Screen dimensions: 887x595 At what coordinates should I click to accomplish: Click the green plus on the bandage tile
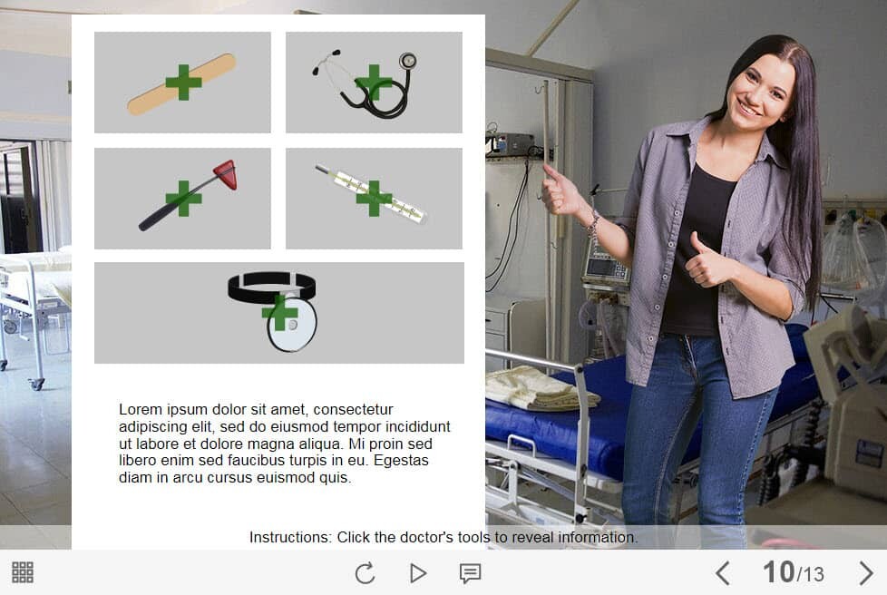tap(183, 83)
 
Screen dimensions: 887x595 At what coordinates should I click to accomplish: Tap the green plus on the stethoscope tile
tap(374, 83)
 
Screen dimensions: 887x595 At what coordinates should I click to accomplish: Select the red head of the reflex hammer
tap(226, 173)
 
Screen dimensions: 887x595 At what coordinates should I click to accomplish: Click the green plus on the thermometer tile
tap(374, 198)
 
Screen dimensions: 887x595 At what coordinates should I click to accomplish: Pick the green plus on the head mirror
tap(279, 312)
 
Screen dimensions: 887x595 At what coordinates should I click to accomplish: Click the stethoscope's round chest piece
tap(407, 61)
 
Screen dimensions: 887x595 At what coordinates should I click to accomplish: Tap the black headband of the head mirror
tap(271, 286)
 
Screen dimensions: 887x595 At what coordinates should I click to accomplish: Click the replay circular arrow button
tap(365, 573)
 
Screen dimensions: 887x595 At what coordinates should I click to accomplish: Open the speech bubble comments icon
tap(470, 573)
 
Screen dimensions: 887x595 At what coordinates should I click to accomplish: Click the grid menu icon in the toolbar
tap(23, 572)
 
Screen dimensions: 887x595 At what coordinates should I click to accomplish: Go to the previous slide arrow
tap(722, 573)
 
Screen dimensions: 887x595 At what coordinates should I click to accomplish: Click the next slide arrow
tap(865, 573)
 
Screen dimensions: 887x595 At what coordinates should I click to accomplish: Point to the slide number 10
tap(778, 571)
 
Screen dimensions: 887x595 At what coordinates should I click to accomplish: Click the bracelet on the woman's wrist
tap(592, 224)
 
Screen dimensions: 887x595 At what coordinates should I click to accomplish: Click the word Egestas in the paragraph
tap(401, 461)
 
